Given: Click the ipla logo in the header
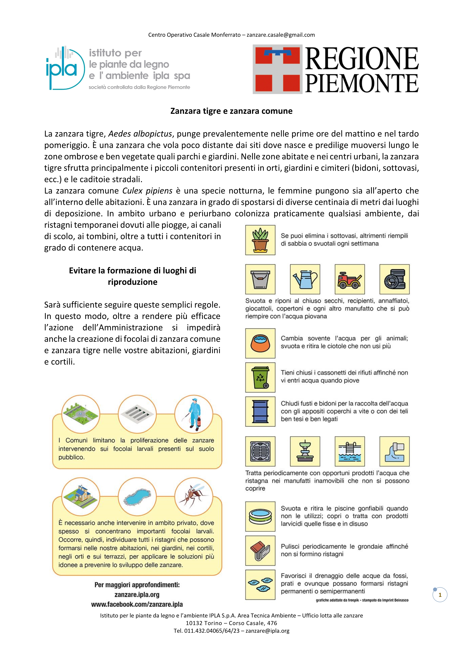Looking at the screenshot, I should click(66, 68).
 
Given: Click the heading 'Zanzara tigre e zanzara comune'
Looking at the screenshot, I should click(231, 111).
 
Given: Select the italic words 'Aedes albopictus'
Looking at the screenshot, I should click(140, 134).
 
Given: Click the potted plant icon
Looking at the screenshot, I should click(260, 240).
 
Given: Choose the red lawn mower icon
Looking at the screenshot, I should click(349, 279).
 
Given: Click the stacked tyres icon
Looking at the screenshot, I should click(394, 279).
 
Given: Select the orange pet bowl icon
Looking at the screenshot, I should click(260, 343).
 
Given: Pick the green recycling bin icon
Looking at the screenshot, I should click(260, 377).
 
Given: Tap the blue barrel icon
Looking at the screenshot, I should click(260, 412).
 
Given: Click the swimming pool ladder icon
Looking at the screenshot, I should click(349, 451).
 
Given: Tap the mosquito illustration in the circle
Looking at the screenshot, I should click(194, 497).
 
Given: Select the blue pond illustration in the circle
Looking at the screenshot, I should click(137, 497).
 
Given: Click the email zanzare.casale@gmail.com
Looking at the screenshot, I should click(281, 35).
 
